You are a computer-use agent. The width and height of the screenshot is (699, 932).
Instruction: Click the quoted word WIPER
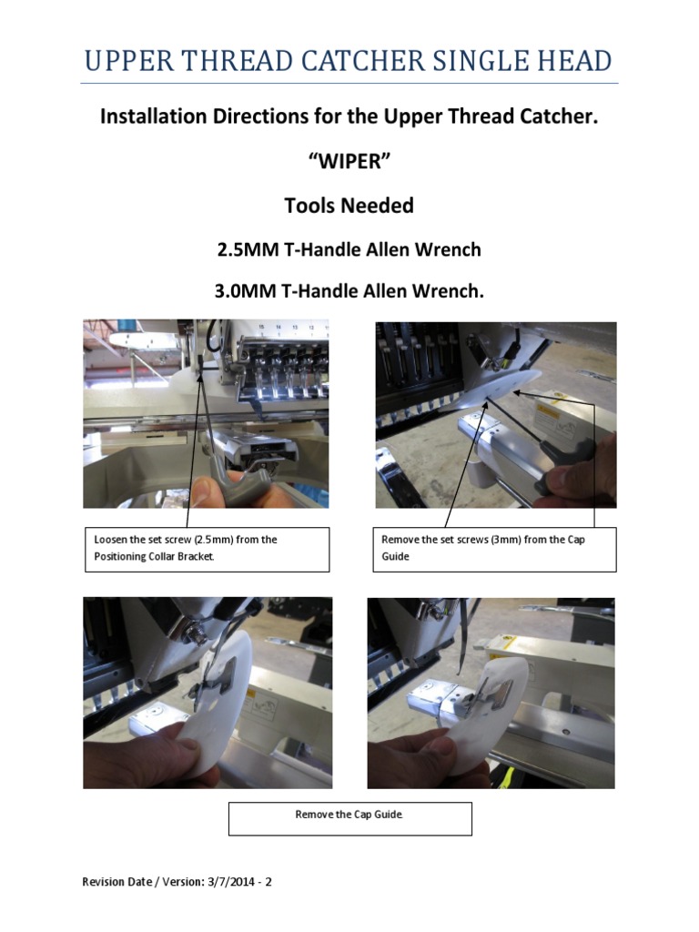[x=349, y=161]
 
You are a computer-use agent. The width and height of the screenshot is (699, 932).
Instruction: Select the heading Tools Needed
[x=349, y=206]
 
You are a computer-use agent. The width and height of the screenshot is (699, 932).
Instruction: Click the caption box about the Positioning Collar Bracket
[x=207, y=548]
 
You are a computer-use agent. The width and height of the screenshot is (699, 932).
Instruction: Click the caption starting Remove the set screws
[x=494, y=548]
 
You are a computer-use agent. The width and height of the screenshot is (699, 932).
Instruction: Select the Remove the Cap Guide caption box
[x=349, y=818]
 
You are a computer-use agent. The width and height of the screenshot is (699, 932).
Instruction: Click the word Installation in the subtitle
[x=150, y=117]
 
